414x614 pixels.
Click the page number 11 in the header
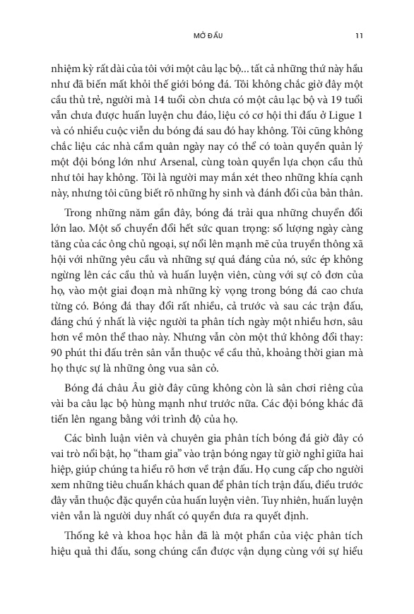coord(359,36)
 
